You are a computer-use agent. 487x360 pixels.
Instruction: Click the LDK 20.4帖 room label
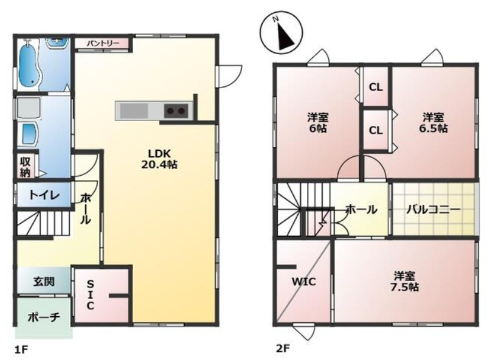coord(159,159)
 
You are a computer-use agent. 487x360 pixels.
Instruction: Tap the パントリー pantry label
coord(103,43)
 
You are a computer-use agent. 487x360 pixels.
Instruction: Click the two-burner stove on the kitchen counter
coord(176,111)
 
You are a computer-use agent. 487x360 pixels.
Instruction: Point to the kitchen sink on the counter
coord(134,111)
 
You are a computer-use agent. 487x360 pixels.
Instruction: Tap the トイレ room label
coord(44,195)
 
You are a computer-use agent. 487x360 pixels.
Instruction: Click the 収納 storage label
coord(25,167)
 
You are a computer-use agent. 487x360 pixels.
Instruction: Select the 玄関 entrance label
coord(44,282)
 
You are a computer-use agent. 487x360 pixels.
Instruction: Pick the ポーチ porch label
coord(44,317)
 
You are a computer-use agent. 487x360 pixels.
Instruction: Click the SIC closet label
coord(90,294)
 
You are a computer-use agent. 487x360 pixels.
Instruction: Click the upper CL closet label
coord(376,88)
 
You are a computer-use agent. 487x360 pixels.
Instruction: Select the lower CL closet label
coord(376,131)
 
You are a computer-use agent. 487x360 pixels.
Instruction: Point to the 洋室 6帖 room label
coord(318,123)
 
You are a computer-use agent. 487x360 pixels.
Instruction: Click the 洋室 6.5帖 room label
coord(433,123)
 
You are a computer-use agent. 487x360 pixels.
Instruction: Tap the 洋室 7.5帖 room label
coord(404,282)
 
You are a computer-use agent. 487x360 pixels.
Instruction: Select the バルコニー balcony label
coord(433,210)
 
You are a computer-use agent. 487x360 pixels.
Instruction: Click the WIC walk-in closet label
coord(304,282)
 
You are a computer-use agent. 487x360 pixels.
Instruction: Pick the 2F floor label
coord(283,349)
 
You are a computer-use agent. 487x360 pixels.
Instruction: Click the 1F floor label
coord(21,350)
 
